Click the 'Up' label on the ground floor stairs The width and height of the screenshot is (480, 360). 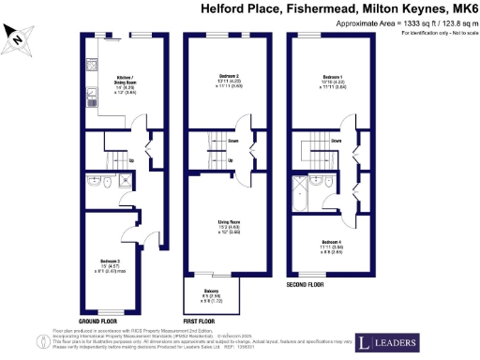(x=130, y=160)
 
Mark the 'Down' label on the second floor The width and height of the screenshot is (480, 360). (x=336, y=142)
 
